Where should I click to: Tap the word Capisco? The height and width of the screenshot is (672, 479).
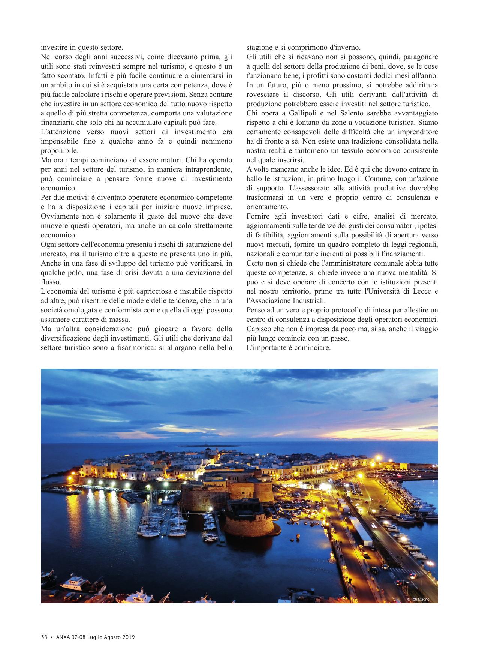pyautogui.click(x=259, y=329)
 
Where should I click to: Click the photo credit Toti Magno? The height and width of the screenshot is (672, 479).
pyautogui.click(x=419, y=599)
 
